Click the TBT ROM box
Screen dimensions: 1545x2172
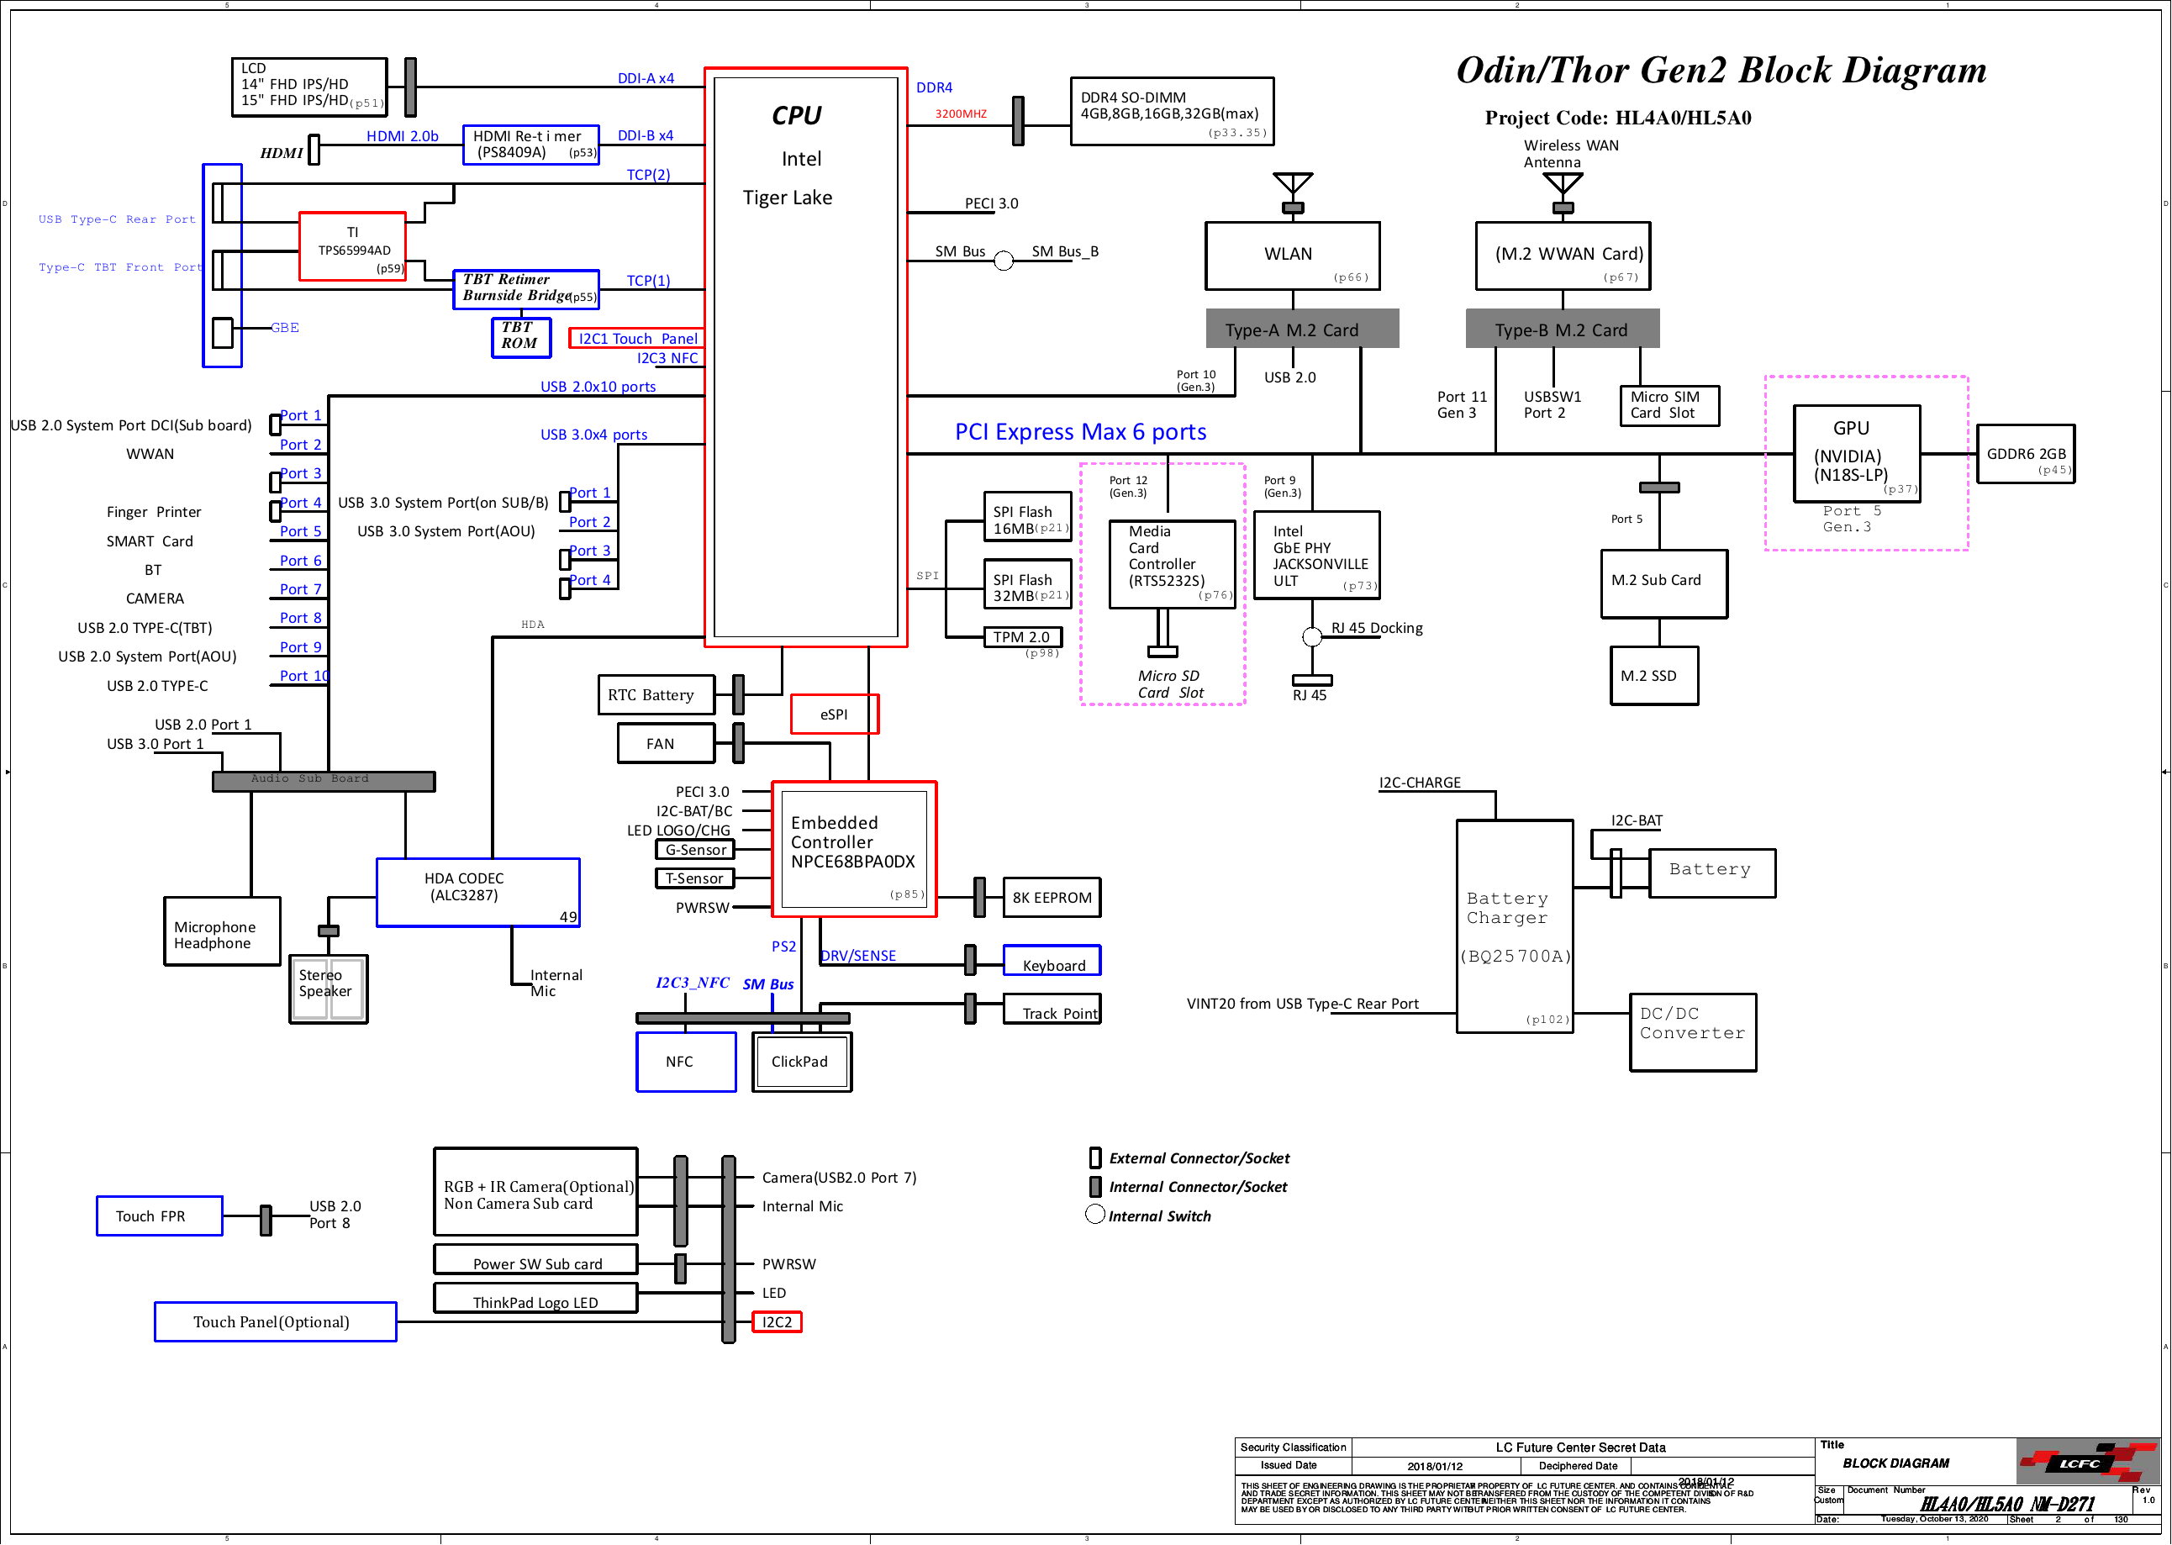click(520, 337)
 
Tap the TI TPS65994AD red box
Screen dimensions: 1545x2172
click(352, 246)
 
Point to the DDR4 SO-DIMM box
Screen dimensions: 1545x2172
click(1171, 111)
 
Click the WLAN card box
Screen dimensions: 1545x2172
click(1292, 256)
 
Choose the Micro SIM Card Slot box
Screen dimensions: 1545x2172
click(1669, 405)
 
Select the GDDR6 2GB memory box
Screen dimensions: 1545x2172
click(2025, 455)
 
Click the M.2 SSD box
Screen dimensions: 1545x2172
click(1653, 676)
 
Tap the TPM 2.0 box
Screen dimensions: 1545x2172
click(1022, 637)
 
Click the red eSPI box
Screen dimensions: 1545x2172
click(835, 714)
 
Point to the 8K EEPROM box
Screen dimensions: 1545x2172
click(1052, 897)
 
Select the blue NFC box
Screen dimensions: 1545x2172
click(685, 1062)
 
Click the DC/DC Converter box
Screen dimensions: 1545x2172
click(1693, 1032)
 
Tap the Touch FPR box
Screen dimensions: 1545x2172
click(159, 1215)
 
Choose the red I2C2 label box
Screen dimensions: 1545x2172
click(777, 1321)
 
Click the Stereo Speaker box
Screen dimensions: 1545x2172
click(328, 989)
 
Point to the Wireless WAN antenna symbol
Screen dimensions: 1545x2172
click(1562, 188)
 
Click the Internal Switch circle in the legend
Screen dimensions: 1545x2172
click(1095, 1215)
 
